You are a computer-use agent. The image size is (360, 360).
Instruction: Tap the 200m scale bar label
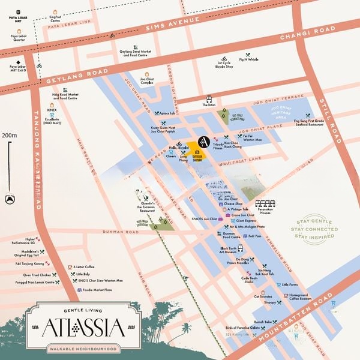coord(8,136)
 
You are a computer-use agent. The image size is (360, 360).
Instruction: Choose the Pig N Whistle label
coord(248,59)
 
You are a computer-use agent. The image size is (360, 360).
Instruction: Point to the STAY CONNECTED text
coord(305,229)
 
